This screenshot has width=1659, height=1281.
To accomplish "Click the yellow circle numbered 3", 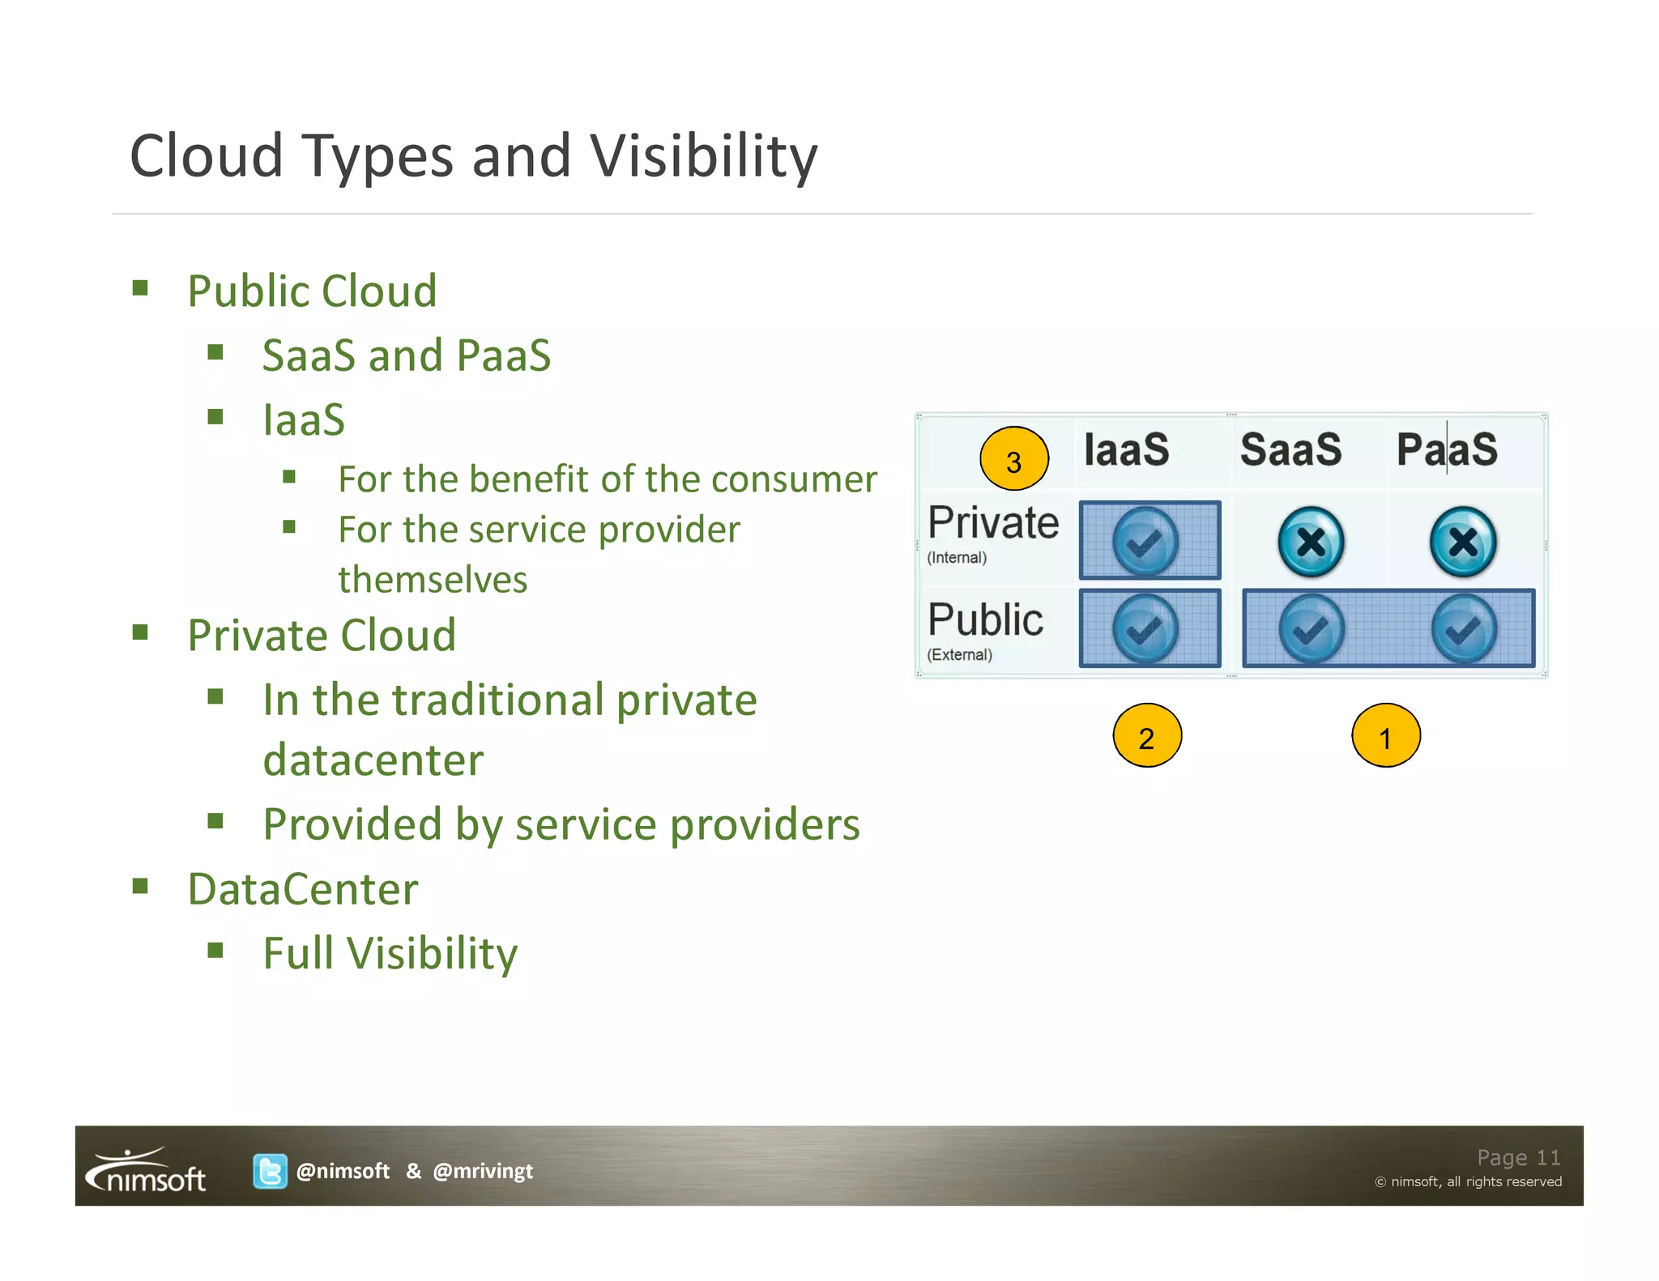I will pyautogui.click(x=1013, y=459).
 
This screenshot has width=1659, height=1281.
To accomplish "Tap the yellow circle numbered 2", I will pyautogui.click(x=1146, y=736).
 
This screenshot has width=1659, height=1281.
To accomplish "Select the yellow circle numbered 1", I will pyautogui.click(x=1385, y=736).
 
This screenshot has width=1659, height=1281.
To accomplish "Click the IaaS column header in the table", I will pyautogui.click(x=1126, y=450).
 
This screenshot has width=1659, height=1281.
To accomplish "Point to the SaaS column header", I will pyautogui.click(x=1290, y=450).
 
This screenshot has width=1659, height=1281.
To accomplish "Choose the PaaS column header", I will pyautogui.click(x=1447, y=450).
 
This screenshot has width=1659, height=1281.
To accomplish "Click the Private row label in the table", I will pyautogui.click(x=993, y=523).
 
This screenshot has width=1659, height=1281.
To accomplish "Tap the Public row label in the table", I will pyautogui.click(x=985, y=620).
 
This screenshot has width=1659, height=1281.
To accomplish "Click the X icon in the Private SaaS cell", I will pyautogui.click(x=1311, y=542).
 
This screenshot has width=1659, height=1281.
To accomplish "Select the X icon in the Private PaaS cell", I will pyautogui.click(x=1463, y=542).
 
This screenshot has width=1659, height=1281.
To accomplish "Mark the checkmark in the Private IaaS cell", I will pyautogui.click(x=1145, y=542).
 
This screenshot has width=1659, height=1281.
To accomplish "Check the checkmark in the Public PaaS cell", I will pyautogui.click(x=1463, y=629).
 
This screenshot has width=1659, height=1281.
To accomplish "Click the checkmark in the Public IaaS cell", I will pyautogui.click(x=1145, y=629).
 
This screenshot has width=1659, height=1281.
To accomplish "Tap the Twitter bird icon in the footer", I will pyautogui.click(x=270, y=1171).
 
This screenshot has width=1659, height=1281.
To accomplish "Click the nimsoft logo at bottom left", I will pyautogui.click(x=147, y=1171).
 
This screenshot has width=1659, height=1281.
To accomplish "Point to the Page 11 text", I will pyautogui.click(x=1518, y=1157).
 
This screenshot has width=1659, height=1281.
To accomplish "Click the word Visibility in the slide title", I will pyautogui.click(x=703, y=156).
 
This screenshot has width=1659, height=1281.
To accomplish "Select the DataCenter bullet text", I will pyautogui.click(x=303, y=889).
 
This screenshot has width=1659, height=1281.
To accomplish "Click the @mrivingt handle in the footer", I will pyautogui.click(x=483, y=1171).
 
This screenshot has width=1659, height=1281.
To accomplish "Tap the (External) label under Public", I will pyautogui.click(x=959, y=655).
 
